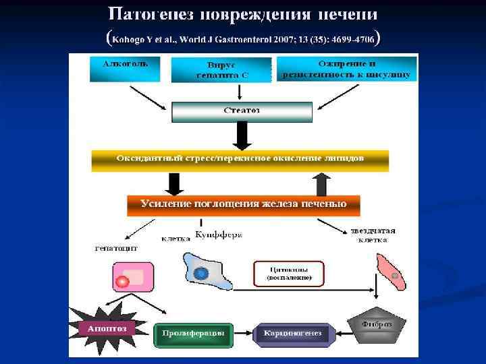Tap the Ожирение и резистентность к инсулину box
[346, 69]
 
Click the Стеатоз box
[242, 111]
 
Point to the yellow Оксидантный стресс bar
[240, 160]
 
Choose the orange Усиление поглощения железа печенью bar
[243, 205]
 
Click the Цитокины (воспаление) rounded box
[288, 274]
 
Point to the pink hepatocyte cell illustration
[132, 276]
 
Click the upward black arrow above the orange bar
[322, 183]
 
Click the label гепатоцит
[116, 248]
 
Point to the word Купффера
[219, 235]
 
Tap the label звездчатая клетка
[373, 235]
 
